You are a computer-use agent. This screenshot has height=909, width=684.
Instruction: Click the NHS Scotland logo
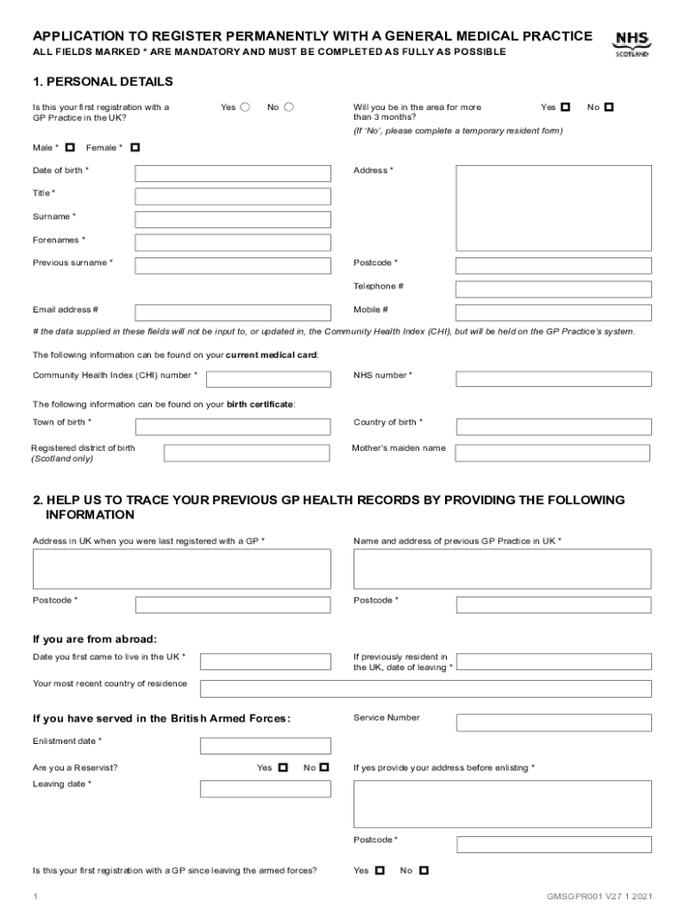pos(632,43)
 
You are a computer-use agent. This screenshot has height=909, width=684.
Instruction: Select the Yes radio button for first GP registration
pos(245,107)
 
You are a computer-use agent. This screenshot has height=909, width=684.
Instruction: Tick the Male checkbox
pos(69,147)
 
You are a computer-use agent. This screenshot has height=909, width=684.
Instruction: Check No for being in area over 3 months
pos(608,107)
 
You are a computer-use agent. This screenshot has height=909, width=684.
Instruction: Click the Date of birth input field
pos(233,174)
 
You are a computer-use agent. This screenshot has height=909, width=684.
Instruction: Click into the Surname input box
pos(233,219)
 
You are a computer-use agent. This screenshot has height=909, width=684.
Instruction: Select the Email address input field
pos(233,312)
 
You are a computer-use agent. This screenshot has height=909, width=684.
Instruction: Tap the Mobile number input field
pos(553,312)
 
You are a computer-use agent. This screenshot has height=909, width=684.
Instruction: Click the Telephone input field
pos(553,289)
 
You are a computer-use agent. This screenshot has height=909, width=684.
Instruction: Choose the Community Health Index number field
pos(268,379)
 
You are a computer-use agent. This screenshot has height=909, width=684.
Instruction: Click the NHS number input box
pos(553,379)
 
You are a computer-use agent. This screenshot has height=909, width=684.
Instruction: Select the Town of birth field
pos(233,426)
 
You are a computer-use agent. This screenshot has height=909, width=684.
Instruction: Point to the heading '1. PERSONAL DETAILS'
pos(103,82)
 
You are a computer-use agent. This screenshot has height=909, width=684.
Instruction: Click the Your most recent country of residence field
pos(426,689)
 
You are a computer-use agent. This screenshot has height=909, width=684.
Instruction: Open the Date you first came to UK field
pos(265,661)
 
